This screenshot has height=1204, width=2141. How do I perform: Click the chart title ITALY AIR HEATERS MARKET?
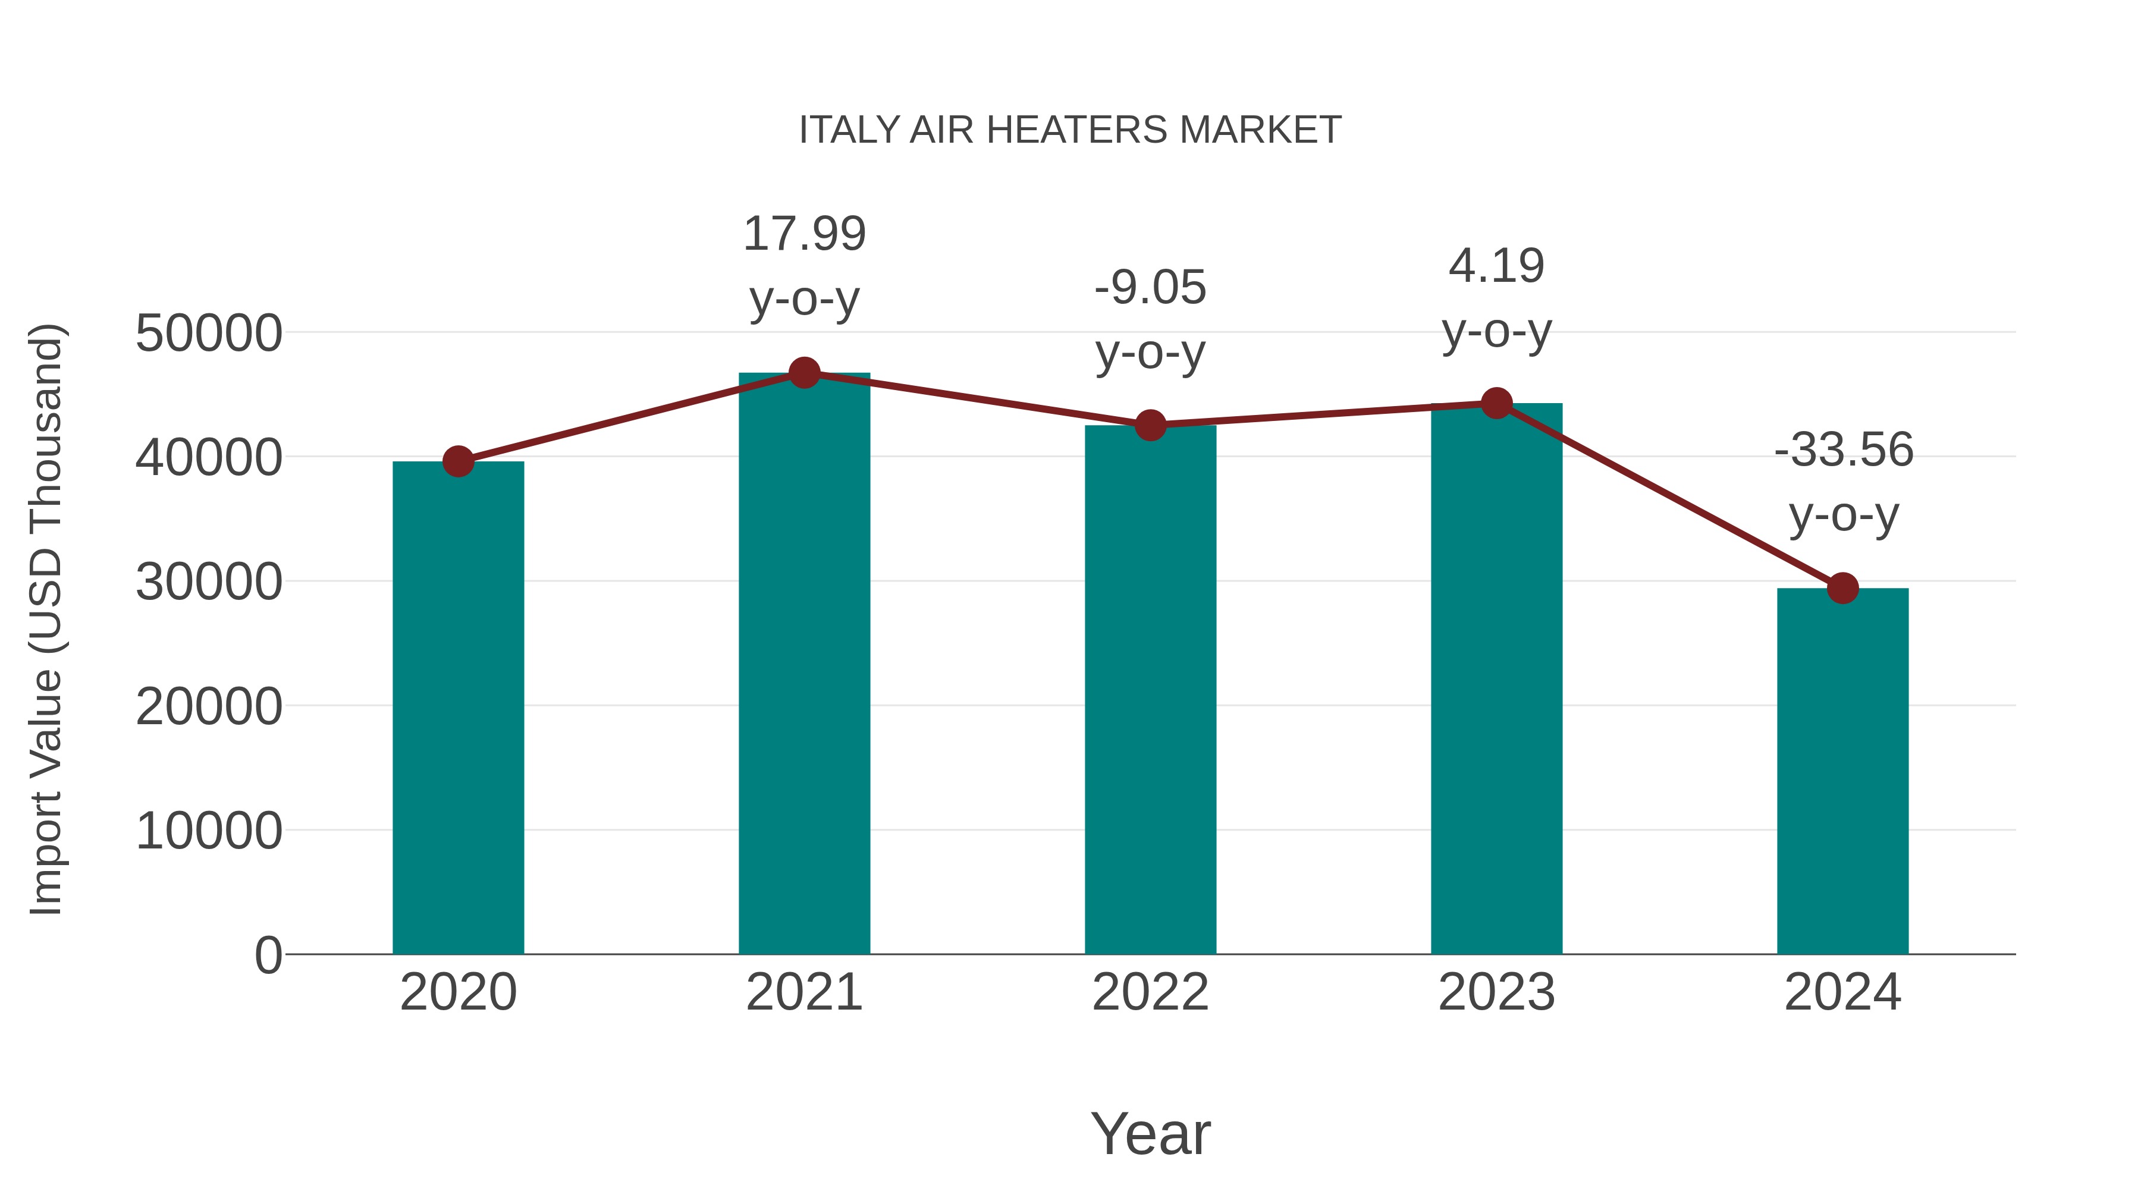(x=1070, y=130)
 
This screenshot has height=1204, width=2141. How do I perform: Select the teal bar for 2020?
(x=458, y=707)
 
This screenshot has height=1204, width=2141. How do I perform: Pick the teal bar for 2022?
(x=1150, y=689)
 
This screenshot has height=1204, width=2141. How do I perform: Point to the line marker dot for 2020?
(x=458, y=461)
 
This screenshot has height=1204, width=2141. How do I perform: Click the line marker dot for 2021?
(x=803, y=373)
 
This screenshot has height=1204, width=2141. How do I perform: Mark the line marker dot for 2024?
(x=1842, y=588)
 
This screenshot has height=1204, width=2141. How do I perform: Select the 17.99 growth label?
(x=803, y=234)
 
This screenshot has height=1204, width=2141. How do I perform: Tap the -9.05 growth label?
(x=1150, y=288)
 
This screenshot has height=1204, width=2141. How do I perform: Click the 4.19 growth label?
(x=1496, y=267)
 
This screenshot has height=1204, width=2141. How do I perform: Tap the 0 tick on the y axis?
(x=268, y=955)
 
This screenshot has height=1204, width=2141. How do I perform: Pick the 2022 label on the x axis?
(x=1150, y=992)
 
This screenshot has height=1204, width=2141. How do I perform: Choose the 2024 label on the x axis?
(x=1842, y=992)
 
